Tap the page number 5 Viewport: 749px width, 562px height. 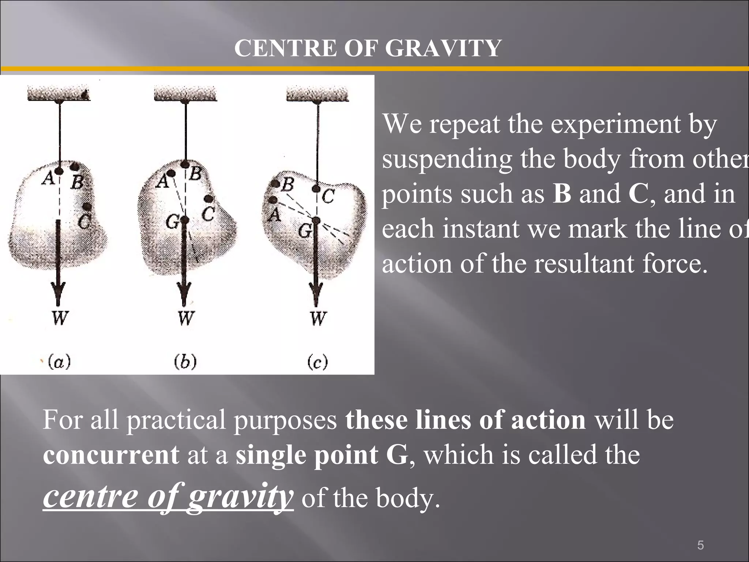[700, 535]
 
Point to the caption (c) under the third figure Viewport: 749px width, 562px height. [317, 362]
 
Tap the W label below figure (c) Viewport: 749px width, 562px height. [318, 318]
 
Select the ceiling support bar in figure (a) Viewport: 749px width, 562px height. [59, 94]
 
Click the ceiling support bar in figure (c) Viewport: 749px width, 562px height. [317, 94]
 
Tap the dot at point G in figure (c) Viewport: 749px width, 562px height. [316, 220]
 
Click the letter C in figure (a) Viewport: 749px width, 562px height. [85, 221]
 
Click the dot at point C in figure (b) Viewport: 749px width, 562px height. [208, 199]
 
